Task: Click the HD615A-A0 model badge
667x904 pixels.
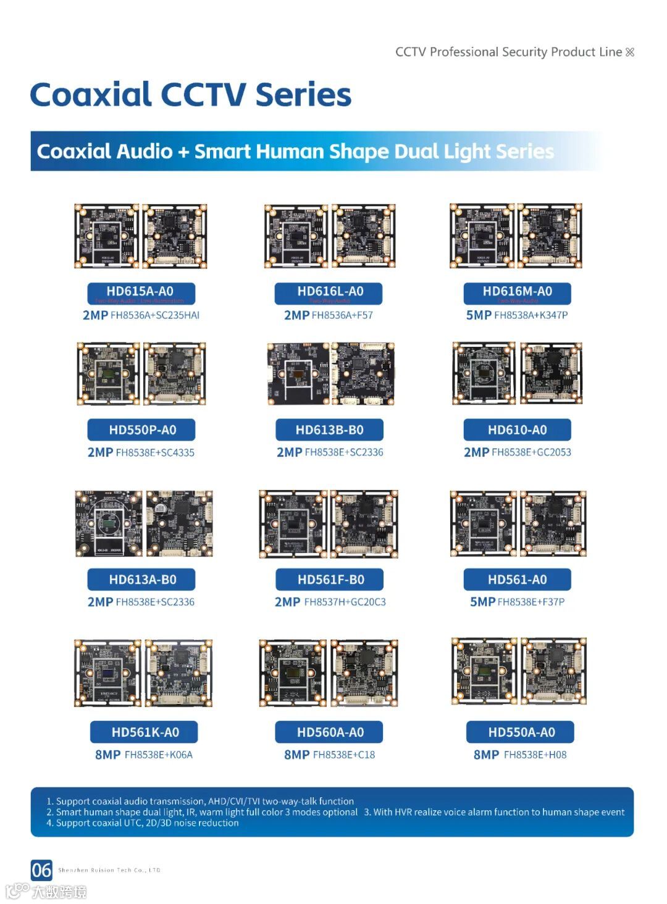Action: pos(141,293)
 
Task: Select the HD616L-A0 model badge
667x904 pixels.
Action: pos(329,293)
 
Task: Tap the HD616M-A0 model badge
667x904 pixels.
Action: pos(517,293)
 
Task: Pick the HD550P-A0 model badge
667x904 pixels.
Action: pos(141,430)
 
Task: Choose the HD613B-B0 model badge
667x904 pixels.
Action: pos(329,430)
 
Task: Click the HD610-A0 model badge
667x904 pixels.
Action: pos(517,430)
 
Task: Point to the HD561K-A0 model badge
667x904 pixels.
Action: pos(145,732)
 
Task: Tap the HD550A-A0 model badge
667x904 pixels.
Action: pos(521,732)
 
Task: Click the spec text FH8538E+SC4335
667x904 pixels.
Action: pos(155,453)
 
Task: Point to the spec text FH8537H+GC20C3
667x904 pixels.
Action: pos(345,602)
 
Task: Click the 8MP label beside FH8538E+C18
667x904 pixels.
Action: pos(296,755)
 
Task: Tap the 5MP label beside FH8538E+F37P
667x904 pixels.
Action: pos(482,602)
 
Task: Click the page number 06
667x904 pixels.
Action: pos(41,870)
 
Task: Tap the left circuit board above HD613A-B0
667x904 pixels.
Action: pos(109,524)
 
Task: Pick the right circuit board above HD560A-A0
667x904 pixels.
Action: pos(364,673)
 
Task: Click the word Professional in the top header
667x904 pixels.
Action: pos(468,52)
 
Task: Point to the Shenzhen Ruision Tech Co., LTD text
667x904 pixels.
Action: pos(109,871)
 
